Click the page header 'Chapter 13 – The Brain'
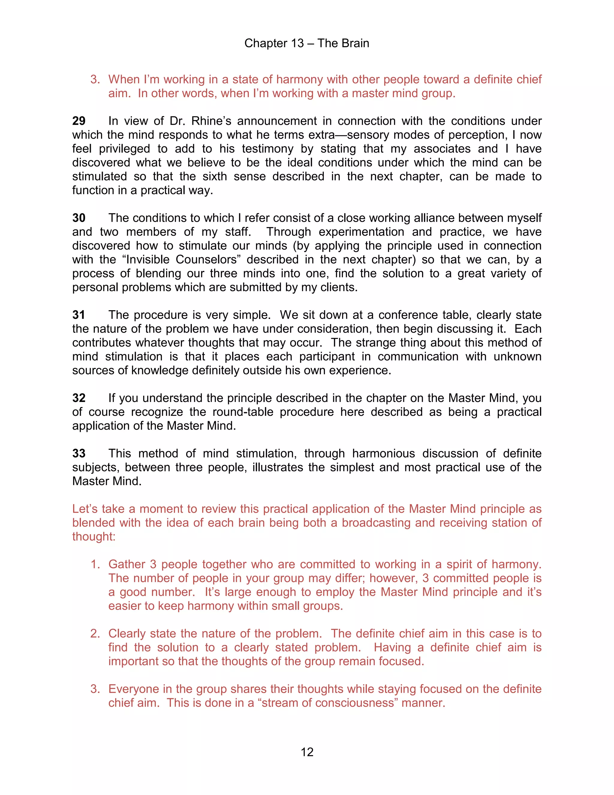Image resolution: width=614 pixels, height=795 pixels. pyautogui.click(x=307, y=43)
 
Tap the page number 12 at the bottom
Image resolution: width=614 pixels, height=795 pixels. pyautogui.click(x=307, y=752)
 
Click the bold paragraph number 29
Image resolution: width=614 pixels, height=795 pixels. pyautogui.click(x=79, y=121)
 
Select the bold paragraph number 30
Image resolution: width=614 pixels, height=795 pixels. pyautogui.click(x=79, y=218)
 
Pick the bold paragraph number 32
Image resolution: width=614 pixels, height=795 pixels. pyautogui.click(x=79, y=398)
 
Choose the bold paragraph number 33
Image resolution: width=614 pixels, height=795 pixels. pyautogui.click(x=79, y=453)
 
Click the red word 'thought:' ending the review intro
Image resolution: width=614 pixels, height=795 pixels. pyautogui.click(x=94, y=537)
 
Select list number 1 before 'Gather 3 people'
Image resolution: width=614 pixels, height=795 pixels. pyautogui.click(x=95, y=564)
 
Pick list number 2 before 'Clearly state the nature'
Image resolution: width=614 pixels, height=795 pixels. pyautogui.click(x=95, y=634)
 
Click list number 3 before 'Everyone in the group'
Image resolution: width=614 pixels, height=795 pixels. pyautogui.click(x=95, y=689)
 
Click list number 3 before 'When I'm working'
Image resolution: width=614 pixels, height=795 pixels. pyautogui.click(x=95, y=79)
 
